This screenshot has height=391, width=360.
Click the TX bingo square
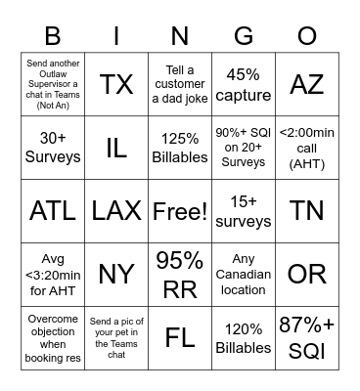pyautogui.click(x=117, y=84)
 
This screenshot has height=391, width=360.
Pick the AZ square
pyautogui.click(x=307, y=84)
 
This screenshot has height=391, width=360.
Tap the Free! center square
pyautogui.click(x=180, y=210)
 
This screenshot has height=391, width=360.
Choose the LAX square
pyautogui.click(x=117, y=210)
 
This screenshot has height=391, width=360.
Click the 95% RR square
pyautogui.click(x=180, y=274)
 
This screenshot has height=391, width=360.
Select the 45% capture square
pyautogui.click(x=244, y=84)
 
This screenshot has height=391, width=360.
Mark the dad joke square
pyautogui.click(x=180, y=84)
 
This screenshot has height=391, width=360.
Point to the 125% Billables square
pyautogui.click(x=180, y=148)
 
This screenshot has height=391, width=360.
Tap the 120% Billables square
pyautogui.click(x=244, y=337)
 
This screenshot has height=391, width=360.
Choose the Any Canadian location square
pyautogui.click(x=244, y=274)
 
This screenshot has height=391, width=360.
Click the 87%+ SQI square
pyautogui.click(x=307, y=337)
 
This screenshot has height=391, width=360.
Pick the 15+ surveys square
pyautogui.click(x=244, y=210)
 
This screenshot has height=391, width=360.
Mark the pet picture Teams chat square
pyautogui.click(x=117, y=337)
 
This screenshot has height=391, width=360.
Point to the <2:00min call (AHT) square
pyautogui.click(x=307, y=148)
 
